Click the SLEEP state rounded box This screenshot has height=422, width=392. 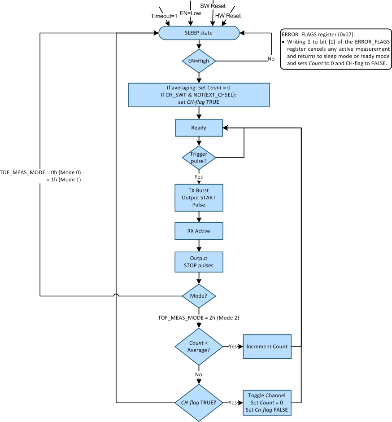tap(199, 33)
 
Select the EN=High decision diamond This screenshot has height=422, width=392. tap(199, 61)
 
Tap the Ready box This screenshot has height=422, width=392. tap(199, 127)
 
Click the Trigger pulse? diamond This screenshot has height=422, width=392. tap(199, 157)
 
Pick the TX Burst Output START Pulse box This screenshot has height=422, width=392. tap(199, 198)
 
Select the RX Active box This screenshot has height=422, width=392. tap(199, 231)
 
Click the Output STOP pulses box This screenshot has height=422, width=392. tap(199, 262)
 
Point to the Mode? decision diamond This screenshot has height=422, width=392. tap(199, 296)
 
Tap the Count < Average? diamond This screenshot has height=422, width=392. tap(199, 347)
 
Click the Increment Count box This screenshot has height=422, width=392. tap(267, 347)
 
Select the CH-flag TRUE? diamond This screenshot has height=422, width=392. tap(199, 403)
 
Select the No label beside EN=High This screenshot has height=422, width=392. tap(270, 59)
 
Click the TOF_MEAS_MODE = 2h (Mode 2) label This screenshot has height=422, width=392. tap(198, 318)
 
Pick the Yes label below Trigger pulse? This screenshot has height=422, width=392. tap(199, 176)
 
